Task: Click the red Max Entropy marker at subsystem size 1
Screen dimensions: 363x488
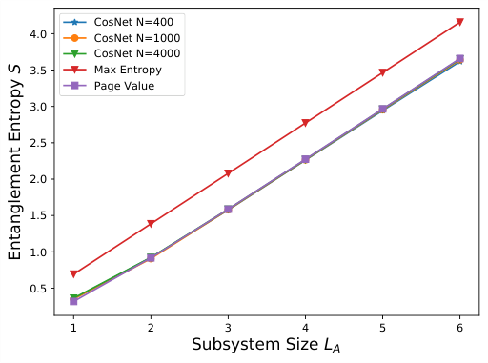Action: click(73, 274)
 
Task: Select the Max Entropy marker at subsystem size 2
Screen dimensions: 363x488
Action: click(151, 224)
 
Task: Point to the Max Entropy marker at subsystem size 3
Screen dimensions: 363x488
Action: click(228, 173)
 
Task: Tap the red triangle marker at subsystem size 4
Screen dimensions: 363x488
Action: click(305, 123)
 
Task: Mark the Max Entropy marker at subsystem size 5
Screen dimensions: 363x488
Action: click(382, 72)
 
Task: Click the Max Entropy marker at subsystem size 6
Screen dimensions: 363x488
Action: click(459, 22)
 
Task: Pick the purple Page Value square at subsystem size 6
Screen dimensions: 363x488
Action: click(459, 59)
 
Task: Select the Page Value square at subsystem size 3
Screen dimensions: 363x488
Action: click(228, 209)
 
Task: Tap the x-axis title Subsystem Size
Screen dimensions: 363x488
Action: click(266, 345)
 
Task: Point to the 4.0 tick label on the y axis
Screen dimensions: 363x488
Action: click(37, 33)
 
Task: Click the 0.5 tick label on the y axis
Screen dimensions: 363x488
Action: click(37, 289)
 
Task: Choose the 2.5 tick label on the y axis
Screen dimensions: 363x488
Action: click(37, 143)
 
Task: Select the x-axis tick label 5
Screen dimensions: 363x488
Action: click(382, 325)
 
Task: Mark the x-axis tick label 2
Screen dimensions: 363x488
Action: click(151, 325)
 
